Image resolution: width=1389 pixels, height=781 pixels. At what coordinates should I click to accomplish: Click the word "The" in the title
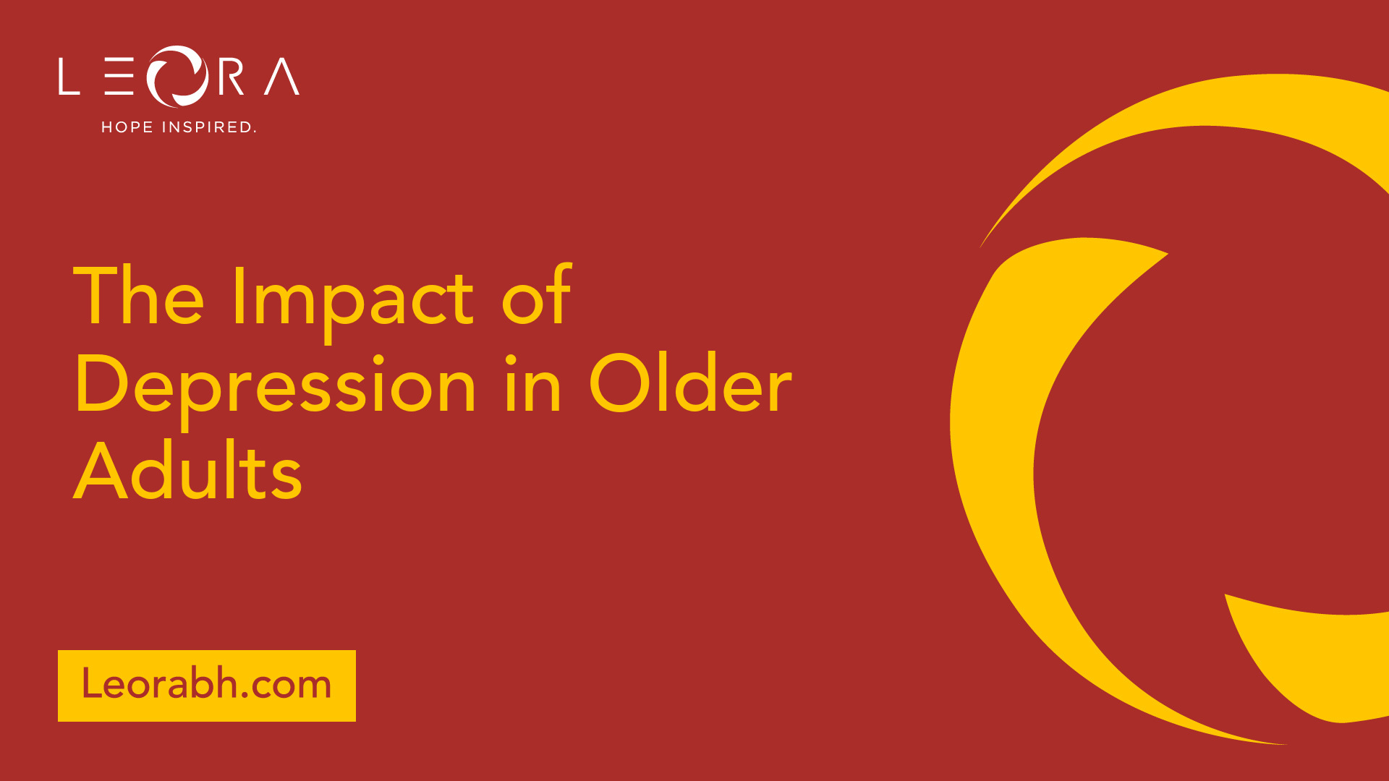point(139,296)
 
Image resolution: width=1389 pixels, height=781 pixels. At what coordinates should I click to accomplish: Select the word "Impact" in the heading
point(353,303)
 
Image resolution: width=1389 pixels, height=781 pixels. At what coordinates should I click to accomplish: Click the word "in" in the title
point(533,383)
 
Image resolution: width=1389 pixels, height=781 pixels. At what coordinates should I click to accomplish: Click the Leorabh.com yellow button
point(207,686)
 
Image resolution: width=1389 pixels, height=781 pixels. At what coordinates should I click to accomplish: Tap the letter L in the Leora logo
point(69,77)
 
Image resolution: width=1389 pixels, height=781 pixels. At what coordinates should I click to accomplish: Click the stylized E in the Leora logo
point(119,77)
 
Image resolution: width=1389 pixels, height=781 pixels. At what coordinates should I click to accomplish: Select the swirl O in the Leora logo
point(178,76)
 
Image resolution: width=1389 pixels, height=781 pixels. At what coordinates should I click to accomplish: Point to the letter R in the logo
point(231,77)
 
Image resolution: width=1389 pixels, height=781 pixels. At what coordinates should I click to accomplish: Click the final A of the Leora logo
point(282,77)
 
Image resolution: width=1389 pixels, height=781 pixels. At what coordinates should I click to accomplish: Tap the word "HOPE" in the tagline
point(127,127)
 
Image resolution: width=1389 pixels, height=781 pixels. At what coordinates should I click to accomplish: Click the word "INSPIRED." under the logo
point(209,127)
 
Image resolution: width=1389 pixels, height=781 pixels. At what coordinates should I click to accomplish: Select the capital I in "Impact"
point(238,296)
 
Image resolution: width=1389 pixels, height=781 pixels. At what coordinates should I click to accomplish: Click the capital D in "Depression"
point(101,383)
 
